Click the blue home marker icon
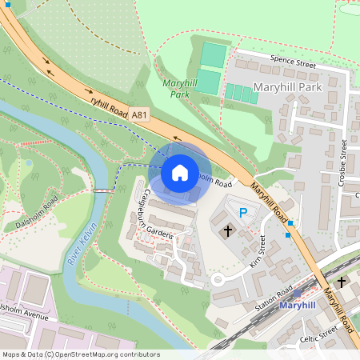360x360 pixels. pos(180,173)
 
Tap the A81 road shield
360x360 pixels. pos(140,115)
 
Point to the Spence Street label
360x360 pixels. pos(282,60)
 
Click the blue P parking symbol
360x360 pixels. pos(243,213)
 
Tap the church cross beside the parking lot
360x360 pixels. pos(227,232)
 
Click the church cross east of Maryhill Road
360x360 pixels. pos(341,282)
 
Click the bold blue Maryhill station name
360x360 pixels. pos(297,306)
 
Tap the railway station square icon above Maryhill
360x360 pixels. pos(298,294)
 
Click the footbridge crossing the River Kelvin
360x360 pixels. pos(103,190)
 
